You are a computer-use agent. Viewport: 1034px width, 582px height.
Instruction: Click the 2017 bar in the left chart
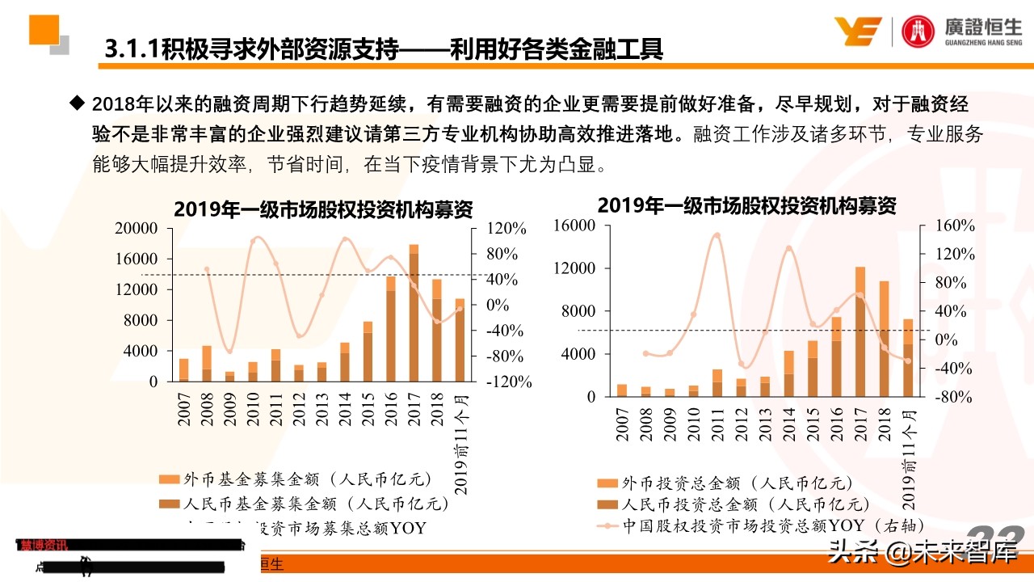tap(414, 313)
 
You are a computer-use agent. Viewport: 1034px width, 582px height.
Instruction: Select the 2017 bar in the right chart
tap(860, 332)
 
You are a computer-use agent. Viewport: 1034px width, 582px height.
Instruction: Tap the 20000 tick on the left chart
tap(137, 229)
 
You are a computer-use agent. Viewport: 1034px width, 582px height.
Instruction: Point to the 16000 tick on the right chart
tap(574, 226)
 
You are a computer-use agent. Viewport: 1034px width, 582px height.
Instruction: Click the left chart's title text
tap(323, 209)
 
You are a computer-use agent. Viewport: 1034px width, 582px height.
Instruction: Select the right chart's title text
tap(746, 205)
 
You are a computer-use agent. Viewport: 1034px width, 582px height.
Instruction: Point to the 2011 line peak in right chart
tap(717, 235)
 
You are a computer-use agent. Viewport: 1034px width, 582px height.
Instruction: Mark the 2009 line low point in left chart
tap(229, 352)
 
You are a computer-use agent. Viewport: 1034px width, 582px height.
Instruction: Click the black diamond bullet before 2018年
tap(78, 103)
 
